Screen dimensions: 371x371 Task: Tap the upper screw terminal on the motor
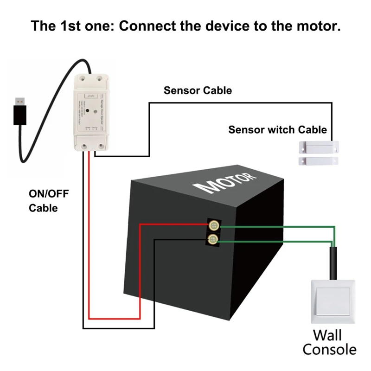[213, 226]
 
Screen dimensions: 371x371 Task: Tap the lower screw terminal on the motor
[213, 239]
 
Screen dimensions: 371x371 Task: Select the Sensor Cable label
[198, 90]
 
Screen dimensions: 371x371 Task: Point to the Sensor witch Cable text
[277, 130]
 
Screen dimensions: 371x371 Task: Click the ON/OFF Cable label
[49, 201]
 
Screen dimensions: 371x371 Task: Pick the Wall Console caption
[327, 342]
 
